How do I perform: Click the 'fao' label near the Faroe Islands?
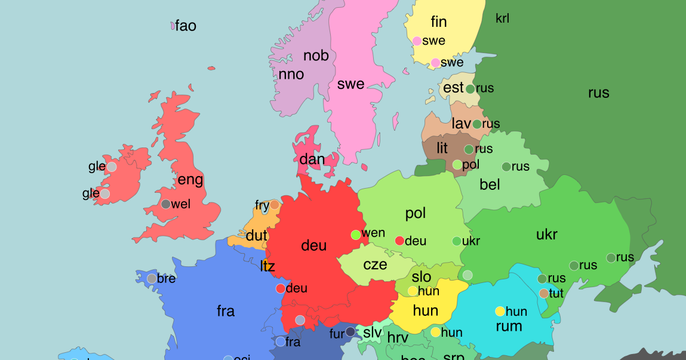[x=186, y=26]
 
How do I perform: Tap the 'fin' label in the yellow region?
[x=439, y=22]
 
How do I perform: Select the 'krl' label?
[x=503, y=19]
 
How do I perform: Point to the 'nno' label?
[x=291, y=75]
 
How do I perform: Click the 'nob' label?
[x=316, y=56]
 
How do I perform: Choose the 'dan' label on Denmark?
[x=312, y=159]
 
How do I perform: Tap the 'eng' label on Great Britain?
[x=190, y=180]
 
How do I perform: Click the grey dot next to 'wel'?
[x=166, y=204]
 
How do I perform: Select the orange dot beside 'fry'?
[x=275, y=205]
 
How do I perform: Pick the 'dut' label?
[x=257, y=236]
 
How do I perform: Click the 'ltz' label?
[x=268, y=266]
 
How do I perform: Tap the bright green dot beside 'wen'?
[x=356, y=235]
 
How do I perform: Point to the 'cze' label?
[x=375, y=264]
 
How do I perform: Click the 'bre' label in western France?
[x=166, y=279]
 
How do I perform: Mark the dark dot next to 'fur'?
[x=350, y=332]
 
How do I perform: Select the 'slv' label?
[x=373, y=332]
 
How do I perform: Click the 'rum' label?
[x=509, y=327]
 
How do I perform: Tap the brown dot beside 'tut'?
[x=543, y=293]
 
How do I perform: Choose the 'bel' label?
[x=490, y=185]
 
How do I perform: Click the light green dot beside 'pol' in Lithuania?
[x=457, y=165]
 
